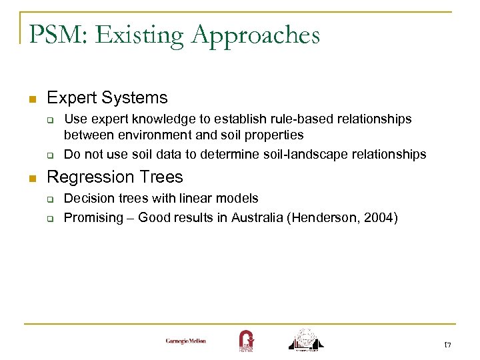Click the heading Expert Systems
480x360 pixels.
[107, 98]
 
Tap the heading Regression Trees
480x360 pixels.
[115, 177]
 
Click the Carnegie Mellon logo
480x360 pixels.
[186, 341]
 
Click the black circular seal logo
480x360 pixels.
[306, 339]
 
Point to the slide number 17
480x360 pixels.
[448, 344]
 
